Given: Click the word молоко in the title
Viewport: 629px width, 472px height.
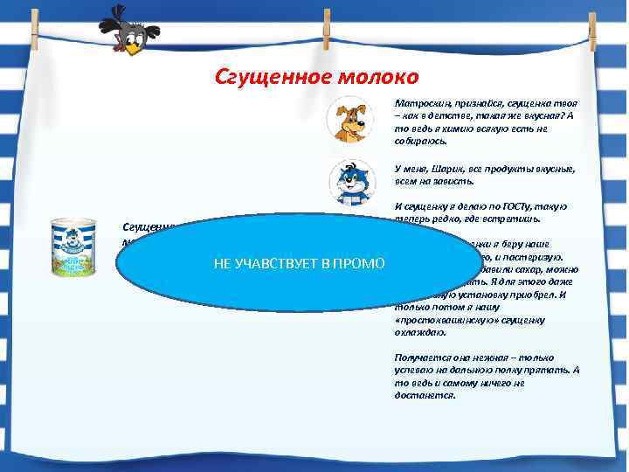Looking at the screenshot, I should tap(370, 77).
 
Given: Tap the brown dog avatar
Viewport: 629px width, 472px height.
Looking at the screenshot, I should tap(350, 121).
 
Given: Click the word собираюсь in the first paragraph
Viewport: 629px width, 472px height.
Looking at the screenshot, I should tap(424, 140).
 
